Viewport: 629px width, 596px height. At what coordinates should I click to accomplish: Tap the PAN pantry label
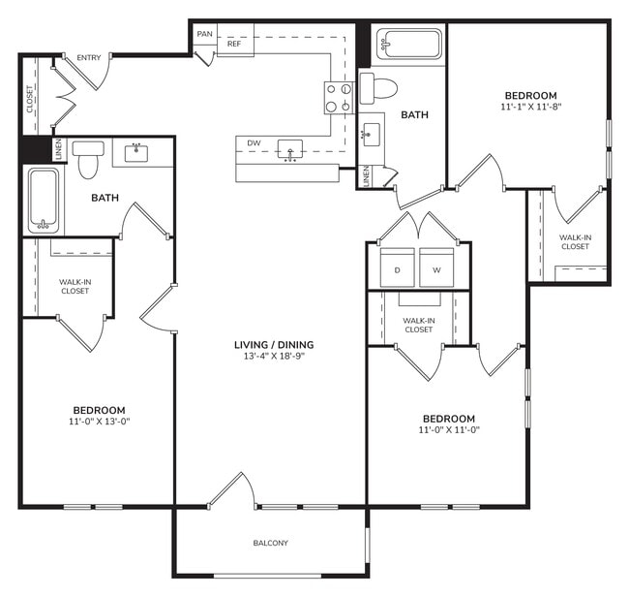coord(204,34)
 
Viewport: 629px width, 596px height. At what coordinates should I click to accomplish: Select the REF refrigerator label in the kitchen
coord(234,44)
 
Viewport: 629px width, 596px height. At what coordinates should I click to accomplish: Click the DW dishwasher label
coord(254,143)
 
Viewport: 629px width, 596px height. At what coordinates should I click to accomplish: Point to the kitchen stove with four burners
coord(338,98)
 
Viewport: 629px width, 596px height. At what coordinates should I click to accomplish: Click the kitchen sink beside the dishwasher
coord(289,149)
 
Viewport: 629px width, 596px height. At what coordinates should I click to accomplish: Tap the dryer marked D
coord(397,267)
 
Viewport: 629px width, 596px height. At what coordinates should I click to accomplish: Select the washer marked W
coord(436,267)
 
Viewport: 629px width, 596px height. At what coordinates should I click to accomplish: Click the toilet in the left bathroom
coord(89,160)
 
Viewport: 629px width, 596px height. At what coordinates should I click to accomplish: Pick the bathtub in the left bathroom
coord(43,202)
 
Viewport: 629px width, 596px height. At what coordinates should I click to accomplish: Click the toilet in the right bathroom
coord(379,87)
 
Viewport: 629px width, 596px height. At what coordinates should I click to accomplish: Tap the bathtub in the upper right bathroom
coord(409,45)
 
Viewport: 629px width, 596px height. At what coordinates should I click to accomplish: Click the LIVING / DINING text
coord(274,345)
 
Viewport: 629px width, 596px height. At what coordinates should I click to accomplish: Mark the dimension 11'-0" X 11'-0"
coord(449,430)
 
